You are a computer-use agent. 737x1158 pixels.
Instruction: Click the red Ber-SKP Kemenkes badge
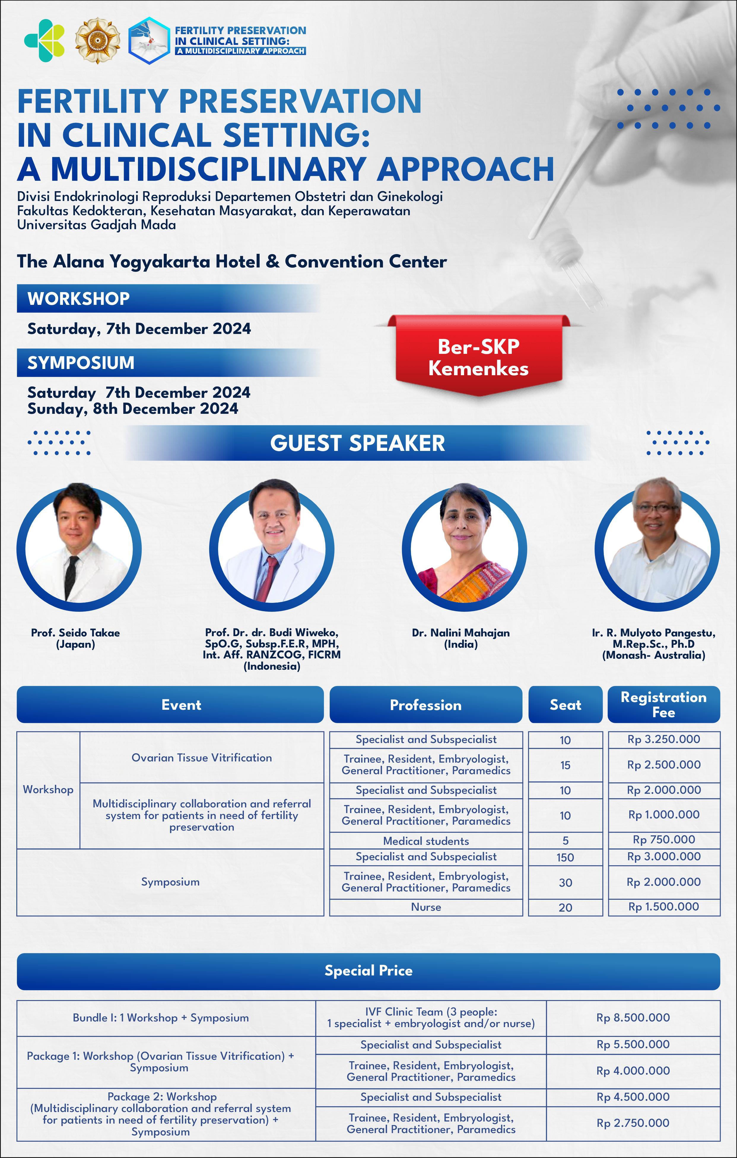[478, 356]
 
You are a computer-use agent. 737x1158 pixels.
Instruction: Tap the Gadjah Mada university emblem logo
[98, 41]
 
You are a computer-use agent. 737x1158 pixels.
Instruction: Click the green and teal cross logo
[44, 41]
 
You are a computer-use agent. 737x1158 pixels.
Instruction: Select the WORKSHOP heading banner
[168, 299]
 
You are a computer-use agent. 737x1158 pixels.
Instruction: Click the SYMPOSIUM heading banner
[168, 362]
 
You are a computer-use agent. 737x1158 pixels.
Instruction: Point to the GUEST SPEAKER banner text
[358, 443]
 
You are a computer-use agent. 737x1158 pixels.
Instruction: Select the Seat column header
[566, 704]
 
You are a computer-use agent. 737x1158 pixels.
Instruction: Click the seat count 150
[566, 857]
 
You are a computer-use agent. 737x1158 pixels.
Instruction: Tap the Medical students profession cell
[426, 841]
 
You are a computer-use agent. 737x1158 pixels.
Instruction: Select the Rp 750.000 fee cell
[664, 840]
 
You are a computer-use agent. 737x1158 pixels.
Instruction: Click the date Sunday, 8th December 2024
[133, 409]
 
